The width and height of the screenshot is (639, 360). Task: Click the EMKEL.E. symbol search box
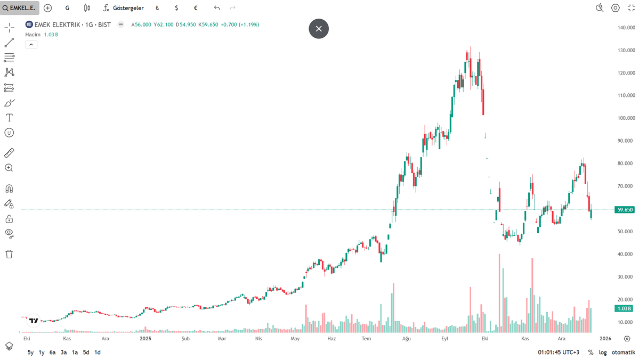point(20,8)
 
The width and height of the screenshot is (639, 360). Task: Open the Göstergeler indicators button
point(123,8)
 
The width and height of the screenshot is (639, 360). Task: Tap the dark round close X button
point(319,29)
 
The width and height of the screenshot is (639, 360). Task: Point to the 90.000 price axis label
point(625,141)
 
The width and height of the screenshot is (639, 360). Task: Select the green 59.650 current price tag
point(624,210)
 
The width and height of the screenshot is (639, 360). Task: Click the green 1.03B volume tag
point(624,308)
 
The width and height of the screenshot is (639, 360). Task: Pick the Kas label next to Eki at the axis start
point(67,338)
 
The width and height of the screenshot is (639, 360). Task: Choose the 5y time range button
point(30,352)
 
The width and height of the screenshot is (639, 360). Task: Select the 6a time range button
point(52,352)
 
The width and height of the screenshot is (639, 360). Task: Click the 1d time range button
point(98,352)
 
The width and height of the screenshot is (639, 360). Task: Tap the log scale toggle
point(603,352)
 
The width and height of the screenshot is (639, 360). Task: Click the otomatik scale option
point(622,352)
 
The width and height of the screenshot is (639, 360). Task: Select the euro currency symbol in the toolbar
point(196,8)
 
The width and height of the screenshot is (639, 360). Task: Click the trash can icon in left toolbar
point(9,254)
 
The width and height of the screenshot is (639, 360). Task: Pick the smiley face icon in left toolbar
point(9,133)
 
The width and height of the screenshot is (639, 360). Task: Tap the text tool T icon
point(9,117)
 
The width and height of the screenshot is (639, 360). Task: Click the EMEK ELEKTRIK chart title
point(72,24)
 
